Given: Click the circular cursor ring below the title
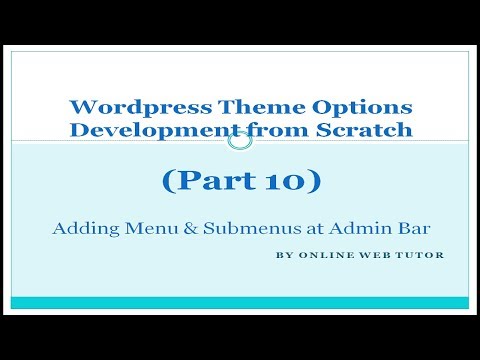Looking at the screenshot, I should pyautogui.click(x=240, y=141).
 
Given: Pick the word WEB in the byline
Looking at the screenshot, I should pyautogui.click(x=369, y=255).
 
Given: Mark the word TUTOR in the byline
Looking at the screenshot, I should pyautogui.click(x=418, y=255).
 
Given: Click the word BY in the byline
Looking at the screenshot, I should pyautogui.click(x=282, y=255).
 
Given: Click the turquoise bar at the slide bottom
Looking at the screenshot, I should pyautogui.click(x=240, y=303).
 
